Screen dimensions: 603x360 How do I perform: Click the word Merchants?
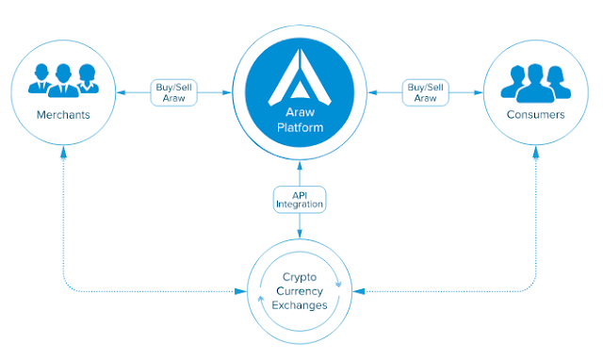click(63, 115)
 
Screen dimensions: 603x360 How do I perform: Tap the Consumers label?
click(536, 114)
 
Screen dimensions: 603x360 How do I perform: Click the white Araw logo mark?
click(300, 77)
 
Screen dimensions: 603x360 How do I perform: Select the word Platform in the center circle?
click(300, 127)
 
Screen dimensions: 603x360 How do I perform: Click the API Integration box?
click(300, 200)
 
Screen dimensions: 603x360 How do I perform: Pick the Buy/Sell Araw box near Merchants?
click(173, 92)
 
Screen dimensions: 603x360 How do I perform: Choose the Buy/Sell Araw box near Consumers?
click(425, 92)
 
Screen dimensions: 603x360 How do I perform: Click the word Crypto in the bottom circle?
click(300, 277)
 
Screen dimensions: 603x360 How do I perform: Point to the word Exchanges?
click(300, 305)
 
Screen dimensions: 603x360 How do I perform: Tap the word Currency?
click(300, 291)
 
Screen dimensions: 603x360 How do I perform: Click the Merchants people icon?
click(63, 80)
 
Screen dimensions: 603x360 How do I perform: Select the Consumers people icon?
click(536, 83)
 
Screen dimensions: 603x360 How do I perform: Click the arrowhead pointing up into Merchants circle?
click(63, 151)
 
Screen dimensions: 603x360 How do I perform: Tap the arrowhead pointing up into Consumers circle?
click(536, 151)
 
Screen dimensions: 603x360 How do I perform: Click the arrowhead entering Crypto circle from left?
click(241, 291)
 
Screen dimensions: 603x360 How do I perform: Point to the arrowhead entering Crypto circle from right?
click(358, 291)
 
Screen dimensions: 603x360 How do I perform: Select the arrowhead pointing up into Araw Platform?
click(300, 166)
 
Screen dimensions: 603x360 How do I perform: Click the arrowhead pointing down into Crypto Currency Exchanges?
click(300, 233)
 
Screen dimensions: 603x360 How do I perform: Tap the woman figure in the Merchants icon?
click(88, 78)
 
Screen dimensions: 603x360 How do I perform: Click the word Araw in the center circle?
click(300, 112)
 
